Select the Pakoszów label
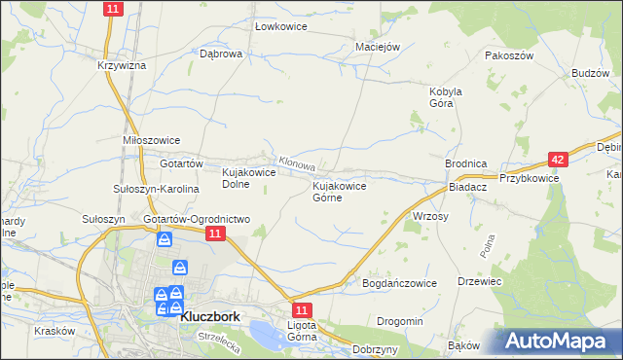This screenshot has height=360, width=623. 510,55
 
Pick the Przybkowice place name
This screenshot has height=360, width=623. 529,178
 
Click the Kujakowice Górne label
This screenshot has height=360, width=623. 339,191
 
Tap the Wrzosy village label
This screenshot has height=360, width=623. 430,216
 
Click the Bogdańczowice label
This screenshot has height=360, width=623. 400,282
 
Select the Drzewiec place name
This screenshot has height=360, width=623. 479,281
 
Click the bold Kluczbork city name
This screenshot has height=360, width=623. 210,314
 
